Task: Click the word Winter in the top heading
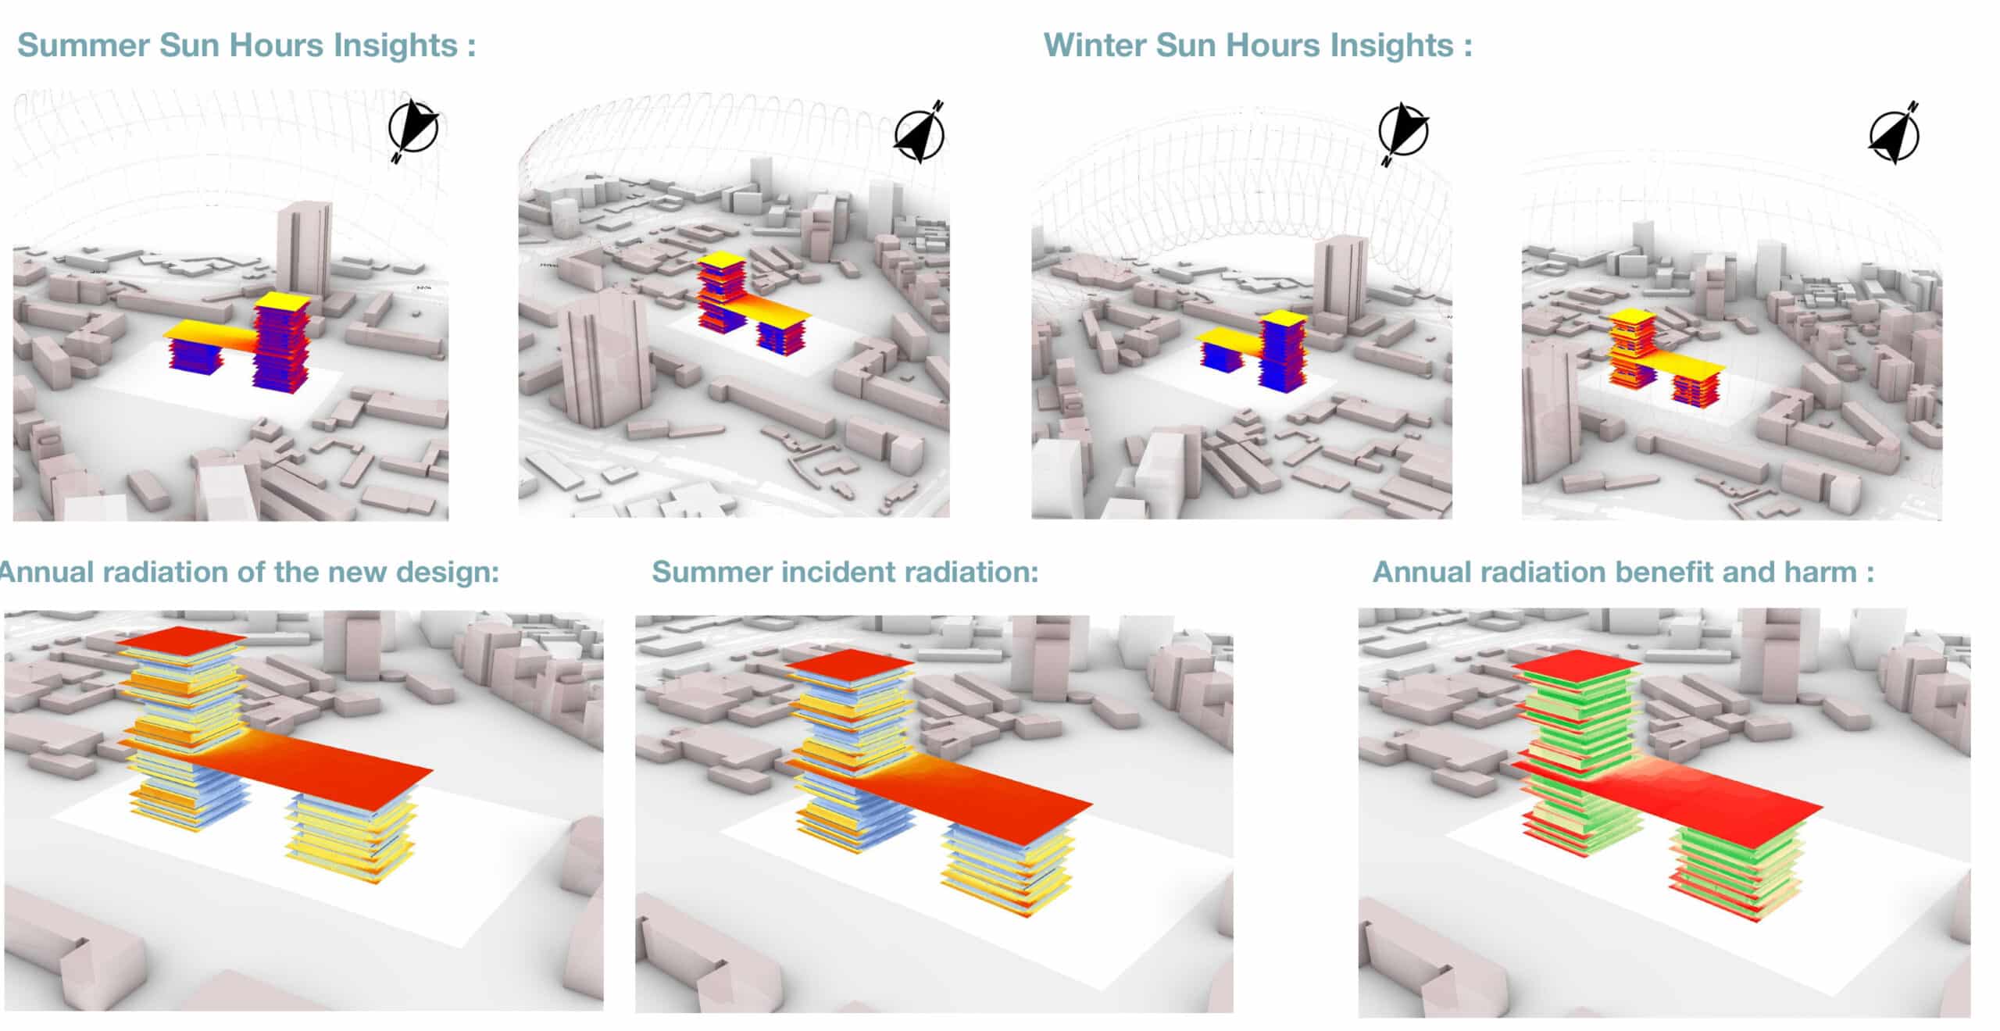[x=1094, y=45]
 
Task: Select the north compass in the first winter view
[x=1403, y=133]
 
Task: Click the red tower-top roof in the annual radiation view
[x=181, y=639]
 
